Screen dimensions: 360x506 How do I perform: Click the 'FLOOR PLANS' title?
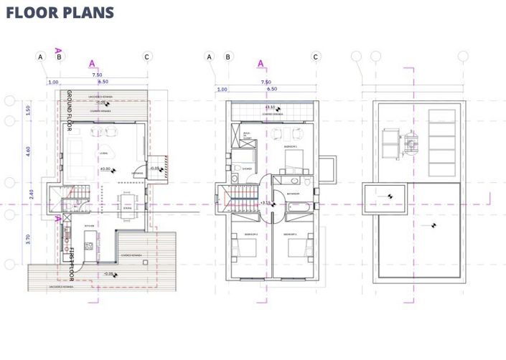(59, 13)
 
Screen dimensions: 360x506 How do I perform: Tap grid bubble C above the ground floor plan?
(146, 57)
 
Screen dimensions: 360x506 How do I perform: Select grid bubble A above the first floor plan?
(210, 57)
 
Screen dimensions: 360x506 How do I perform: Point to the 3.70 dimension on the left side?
(28, 240)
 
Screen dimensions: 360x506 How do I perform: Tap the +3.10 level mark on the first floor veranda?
(272, 108)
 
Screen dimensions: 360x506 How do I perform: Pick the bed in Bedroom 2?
(248, 247)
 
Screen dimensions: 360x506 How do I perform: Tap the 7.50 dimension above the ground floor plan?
(96, 75)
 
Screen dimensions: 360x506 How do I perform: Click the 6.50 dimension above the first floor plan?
(272, 89)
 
